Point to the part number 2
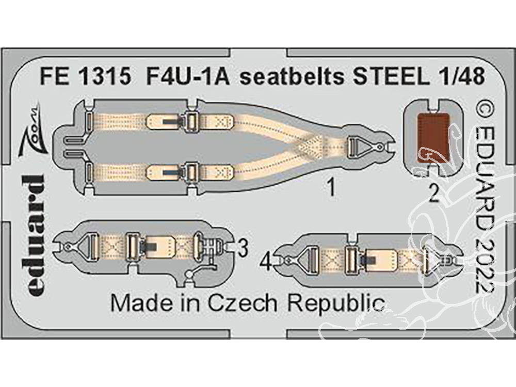(434, 194)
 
